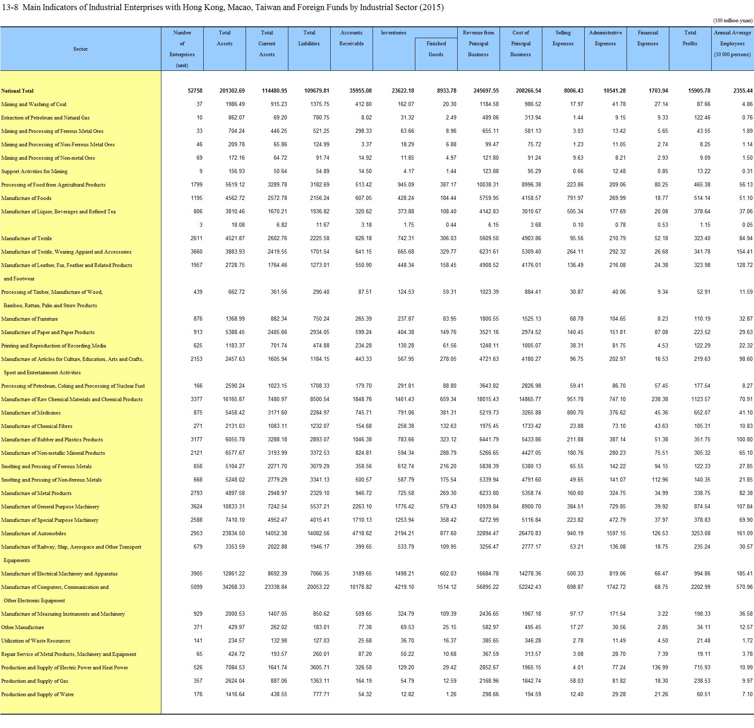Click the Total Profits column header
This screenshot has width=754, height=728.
coord(690,38)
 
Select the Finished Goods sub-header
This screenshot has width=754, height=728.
coord(436,49)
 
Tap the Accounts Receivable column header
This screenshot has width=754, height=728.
coord(351,38)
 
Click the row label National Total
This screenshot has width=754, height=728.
coord(18,91)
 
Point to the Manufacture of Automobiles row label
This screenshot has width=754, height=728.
coord(34,534)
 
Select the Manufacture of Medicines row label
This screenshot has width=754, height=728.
coord(31,413)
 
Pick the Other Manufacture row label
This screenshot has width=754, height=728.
coord(23,627)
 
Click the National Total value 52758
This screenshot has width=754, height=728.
coord(195,91)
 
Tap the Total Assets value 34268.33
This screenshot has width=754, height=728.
coord(233,587)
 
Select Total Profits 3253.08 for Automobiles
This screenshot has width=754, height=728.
coord(700,534)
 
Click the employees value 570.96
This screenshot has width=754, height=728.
coord(744,587)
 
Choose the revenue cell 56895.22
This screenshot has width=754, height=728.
coord(487,587)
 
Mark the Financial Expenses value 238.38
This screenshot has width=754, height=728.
coord(660,399)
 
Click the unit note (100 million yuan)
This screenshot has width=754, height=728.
coord(733,21)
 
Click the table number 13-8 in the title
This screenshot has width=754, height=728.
coord(10,8)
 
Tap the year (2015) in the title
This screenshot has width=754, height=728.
coord(432,8)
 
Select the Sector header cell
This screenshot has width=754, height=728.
coord(80,49)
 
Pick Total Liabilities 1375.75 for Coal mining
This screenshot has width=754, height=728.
coord(319,104)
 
